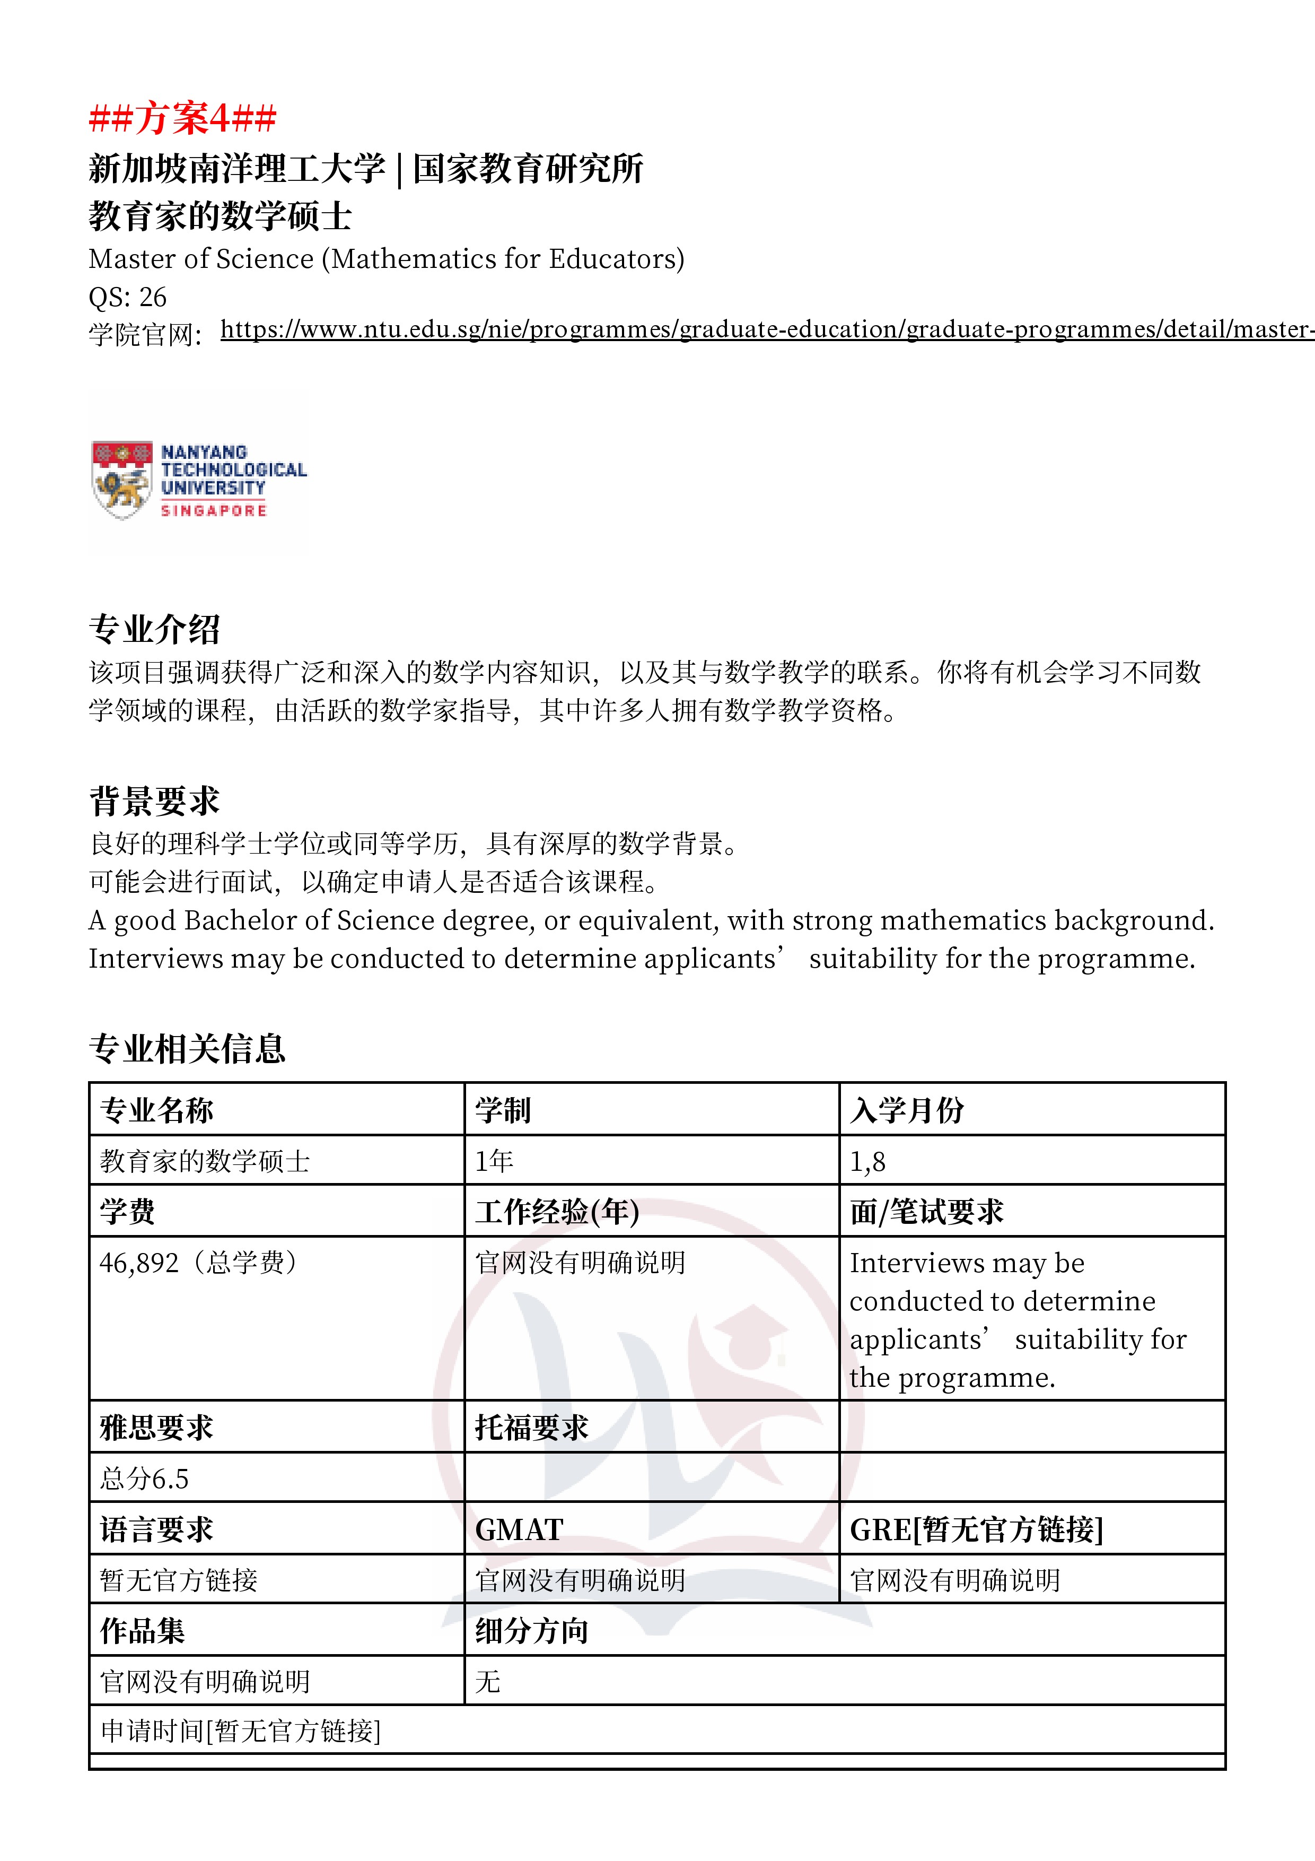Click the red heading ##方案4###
pyautogui.click(x=182, y=118)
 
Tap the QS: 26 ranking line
pyautogui.click(x=127, y=298)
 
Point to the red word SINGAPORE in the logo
pyautogui.click(x=213, y=511)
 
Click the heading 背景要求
pyautogui.click(x=154, y=801)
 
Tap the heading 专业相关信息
pyautogui.click(x=187, y=1048)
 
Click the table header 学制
pyautogui.click(x=502, y=1110)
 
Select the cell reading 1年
pyautogui.click(x=494, y=1161)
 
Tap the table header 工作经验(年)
pyautogui.click(x=557, y=1212)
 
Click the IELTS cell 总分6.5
pyautogui.click(x=144, y=1479)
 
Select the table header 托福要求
pyautogui.click(x=531, y=1428)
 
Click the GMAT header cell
pyautogui.click(x=519, y=1529)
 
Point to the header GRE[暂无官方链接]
pyautogui.click(x=976, y=1529)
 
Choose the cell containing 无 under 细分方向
pyautogui.click(x=488, y=1681)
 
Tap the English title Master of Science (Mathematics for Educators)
pyautogui.click(x=387, y=258)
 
